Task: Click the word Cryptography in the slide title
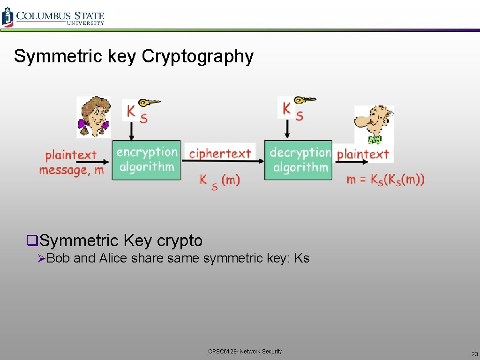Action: click(197, 56)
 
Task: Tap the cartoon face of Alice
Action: click(93, 117)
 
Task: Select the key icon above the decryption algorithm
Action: click(305, 99)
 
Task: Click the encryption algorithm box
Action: click(146, 160)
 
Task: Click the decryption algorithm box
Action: click(298, 160)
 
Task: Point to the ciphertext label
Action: click(220, 153)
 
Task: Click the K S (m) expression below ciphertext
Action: click(219, 180)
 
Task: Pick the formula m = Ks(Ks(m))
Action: click(385, 180)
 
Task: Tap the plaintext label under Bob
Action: click(363, 154)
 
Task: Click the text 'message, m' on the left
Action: click(71, 170)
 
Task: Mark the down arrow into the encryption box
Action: click(131, 131)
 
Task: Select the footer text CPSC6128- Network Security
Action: click(245, 351)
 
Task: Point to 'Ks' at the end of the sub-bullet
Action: click(302, 258)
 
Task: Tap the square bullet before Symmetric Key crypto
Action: click(31, 241)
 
